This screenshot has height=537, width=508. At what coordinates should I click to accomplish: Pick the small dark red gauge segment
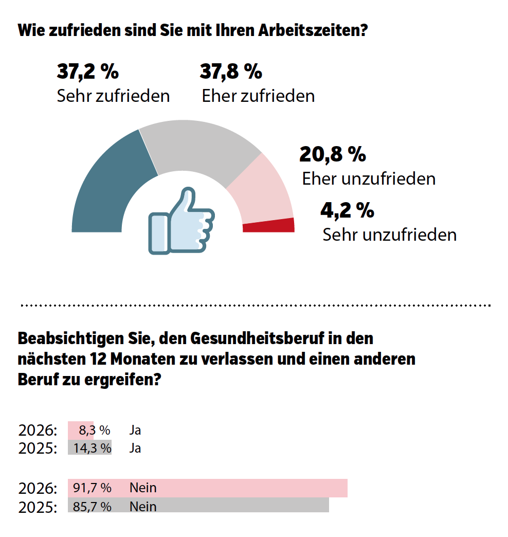pyautogui.click(x=269, y=226)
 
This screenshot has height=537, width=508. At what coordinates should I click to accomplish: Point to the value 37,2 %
pyautogui.click(x=87, y=72)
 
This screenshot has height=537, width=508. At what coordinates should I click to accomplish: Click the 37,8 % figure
pyautogui.click(x=231, y=72)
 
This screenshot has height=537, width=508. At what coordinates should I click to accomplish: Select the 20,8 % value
pyautogui.click(x=333, y=154)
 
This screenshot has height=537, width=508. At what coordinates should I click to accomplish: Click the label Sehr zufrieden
pyautogui.click(x=113, y=96)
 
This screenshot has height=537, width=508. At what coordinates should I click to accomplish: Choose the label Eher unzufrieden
pyautogui.click(x=369, y=178)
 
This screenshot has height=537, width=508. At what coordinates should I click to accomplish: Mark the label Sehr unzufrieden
pyautogui.click(x=390, y=235)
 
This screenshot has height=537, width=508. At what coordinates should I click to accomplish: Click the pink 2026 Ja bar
pyautogui.click(x=81, y=430)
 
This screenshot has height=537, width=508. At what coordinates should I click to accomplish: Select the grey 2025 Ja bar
pyautogui.click(x=90, y=447)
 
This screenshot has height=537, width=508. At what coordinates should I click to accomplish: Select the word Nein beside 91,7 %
pyautogui.click(x=143, y=488)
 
